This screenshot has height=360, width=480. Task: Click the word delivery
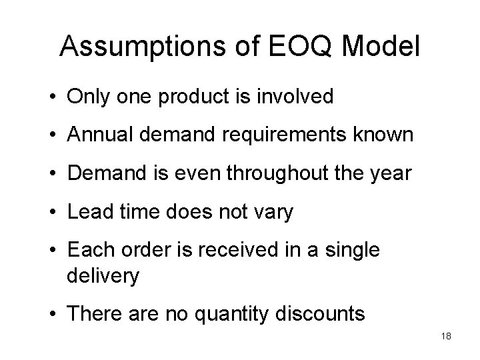point(103,275)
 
